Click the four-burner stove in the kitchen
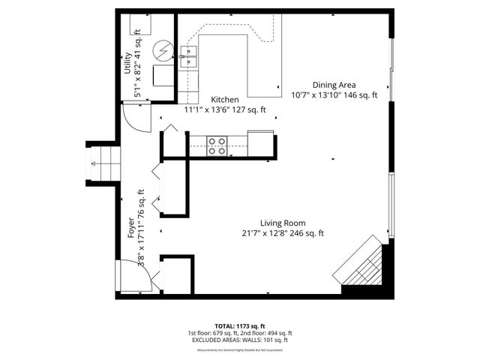pos(217,145)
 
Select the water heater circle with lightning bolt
pos(163,50)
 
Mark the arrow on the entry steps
pos(95,163)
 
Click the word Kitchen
pos(225,100)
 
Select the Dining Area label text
pos(334,85)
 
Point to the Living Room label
pos(283,223)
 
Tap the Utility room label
pos(128,66)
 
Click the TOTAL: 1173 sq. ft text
pos(239,326)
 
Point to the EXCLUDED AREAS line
pos(239,340)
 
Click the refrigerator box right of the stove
pos(261,142)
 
